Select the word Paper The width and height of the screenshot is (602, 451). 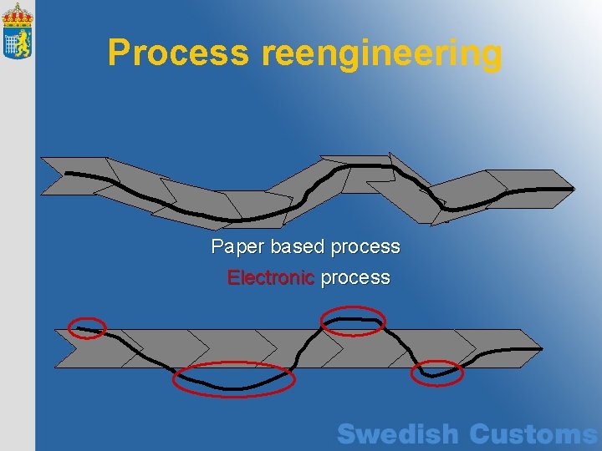pos(237,247)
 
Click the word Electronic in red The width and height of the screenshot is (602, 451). pos(271,277)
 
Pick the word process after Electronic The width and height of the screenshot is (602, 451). pos(355,278)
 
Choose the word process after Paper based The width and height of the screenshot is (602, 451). pos(365,248)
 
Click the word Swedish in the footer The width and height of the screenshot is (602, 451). pos(398,434)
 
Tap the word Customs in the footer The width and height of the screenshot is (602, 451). pos(533,434)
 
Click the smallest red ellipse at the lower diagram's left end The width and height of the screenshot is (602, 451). pos(88,328)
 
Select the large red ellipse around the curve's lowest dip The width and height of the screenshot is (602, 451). pos(234,380)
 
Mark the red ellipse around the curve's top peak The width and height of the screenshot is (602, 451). pos(354,320)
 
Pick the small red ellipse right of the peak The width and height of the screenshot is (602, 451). pos(436,372)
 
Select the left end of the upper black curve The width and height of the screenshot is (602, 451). pos(67,173)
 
